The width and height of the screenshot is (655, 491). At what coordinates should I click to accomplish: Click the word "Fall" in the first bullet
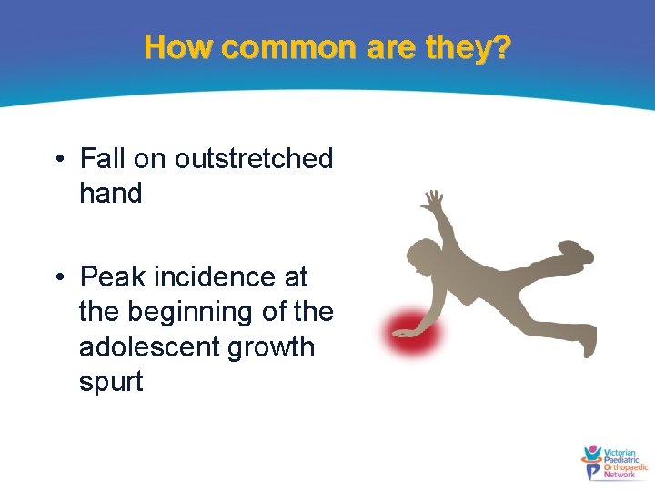click(x=103, y=159)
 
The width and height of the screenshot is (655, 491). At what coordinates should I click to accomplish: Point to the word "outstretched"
click(x=254, y=159)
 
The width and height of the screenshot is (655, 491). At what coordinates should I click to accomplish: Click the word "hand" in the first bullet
click(x=111, y=194)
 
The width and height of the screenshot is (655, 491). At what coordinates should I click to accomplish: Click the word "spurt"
click(x=111, y=382)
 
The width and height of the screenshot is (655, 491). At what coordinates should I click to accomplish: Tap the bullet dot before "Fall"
click(x=58, y=160)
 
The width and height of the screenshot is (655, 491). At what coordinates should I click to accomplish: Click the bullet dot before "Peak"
click(x=58, y=277)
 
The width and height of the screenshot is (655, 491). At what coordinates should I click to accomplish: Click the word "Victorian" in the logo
click(x=621, y=452)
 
